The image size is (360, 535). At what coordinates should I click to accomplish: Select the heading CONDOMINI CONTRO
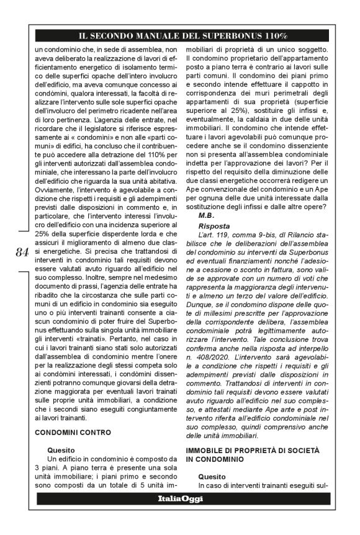73,431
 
